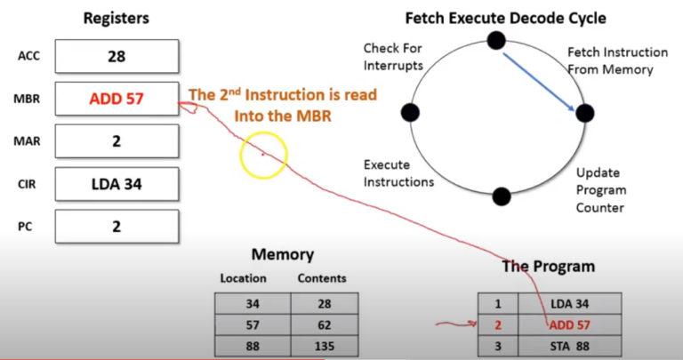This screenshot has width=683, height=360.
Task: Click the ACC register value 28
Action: (117, 57)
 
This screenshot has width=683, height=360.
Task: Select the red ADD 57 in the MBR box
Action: (117, 99)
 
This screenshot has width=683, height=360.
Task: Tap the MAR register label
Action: (28, 140)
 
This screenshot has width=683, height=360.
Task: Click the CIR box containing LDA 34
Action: (117, 185)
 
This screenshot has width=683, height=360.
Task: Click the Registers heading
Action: (117, 17)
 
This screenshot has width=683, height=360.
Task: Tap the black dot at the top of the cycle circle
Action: (496, 40)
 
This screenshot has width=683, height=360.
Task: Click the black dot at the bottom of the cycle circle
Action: (502, 196)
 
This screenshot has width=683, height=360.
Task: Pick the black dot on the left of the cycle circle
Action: (410, 113)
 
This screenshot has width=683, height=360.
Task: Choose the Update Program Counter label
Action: (600, 190)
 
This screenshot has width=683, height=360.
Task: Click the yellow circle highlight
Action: (263, 155)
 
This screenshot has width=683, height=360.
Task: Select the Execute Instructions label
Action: (398, 173)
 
